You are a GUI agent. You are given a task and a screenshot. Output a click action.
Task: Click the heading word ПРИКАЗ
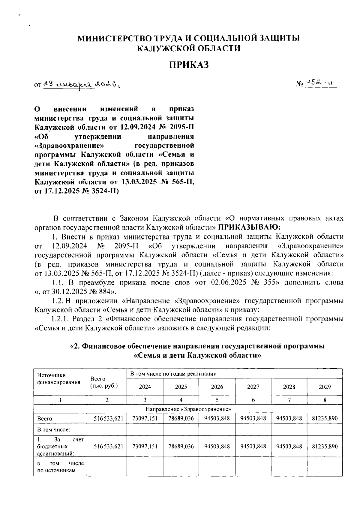click(188, 65)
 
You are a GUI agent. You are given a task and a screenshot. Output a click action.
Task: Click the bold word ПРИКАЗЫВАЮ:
click(249, 226)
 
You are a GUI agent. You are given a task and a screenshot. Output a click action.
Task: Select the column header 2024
click(145, 387)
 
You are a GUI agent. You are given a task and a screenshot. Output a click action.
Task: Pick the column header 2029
click(325, 387)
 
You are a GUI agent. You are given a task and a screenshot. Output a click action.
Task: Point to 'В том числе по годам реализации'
click(173, 374)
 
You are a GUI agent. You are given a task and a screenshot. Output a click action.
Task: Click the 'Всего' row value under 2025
click(181, 418)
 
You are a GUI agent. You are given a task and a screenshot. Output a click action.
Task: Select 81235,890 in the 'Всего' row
click(325, 418)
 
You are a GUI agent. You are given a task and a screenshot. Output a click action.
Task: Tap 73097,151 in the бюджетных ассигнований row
click(145, 447)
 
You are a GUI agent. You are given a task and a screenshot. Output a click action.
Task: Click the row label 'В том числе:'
click(53, 429)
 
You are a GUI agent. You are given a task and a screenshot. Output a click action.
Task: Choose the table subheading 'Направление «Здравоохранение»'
click(188, 409)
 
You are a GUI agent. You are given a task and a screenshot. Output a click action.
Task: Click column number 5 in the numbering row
click(217, 400)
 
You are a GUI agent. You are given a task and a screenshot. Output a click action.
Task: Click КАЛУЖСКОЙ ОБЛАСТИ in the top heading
click(188, 48)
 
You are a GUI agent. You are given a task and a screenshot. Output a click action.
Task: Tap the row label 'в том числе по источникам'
click(60, 467)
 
